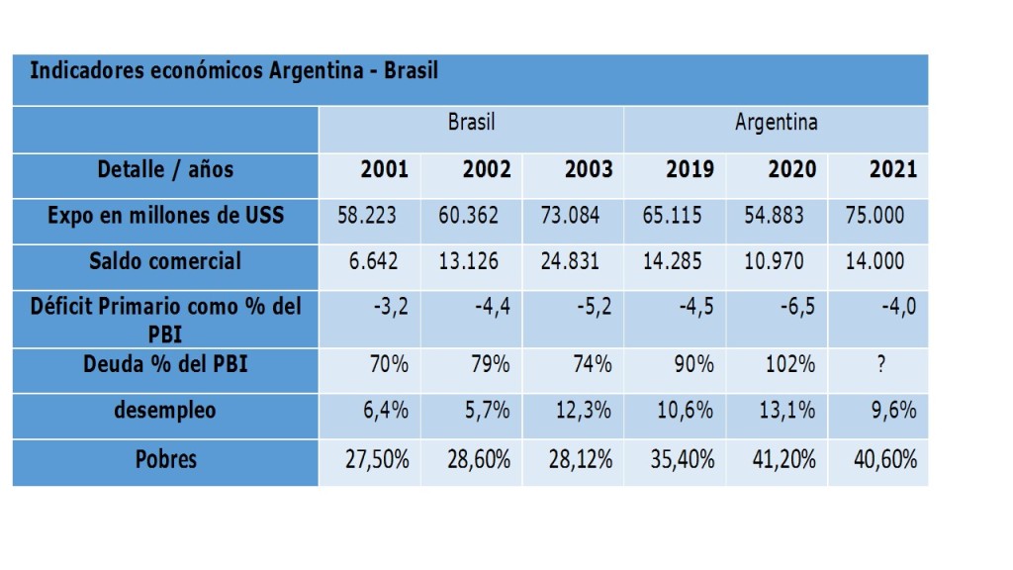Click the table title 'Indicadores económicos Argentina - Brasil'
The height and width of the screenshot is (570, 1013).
pyautogui.click(x=234, y=71)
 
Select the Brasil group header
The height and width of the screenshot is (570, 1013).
pyautogui.click(x=471, y=123)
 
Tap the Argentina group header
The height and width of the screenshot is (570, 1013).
pyautogui.click(x=776, y=123)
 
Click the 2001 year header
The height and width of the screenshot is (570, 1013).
pyautogui.click(x=385, y=169)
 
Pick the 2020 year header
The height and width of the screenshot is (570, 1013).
pyautogui.click(x=792, y=169)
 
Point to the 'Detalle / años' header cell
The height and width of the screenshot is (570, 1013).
pyautogui.click(x=165, y=169)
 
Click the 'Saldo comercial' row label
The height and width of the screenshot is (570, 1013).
pyautogui.click(x=165, y=261)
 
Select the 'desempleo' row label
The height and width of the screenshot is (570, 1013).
pyautogui.click(x=165, y=410)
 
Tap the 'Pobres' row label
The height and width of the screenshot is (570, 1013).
pyautogui.click(x=165, y=459)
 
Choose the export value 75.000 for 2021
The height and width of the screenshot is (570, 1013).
pyautogui.click(x=875, y=215)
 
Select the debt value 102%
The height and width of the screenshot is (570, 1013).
pyautogui.click(x=789, y=364)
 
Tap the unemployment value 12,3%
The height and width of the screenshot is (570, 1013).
pyautogui.click(x=584, y=411)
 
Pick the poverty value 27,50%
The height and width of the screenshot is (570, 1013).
pyautogui.click(x=377, y=460)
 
